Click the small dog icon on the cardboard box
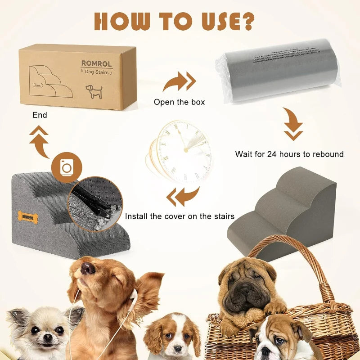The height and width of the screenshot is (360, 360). coord(94,91)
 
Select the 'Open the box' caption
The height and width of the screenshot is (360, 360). coord(179,102)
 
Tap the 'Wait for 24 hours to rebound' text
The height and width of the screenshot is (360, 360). coord(289,154)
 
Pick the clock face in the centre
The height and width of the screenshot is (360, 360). coord(184,151)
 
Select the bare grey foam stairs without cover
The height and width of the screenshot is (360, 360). coord(283,211)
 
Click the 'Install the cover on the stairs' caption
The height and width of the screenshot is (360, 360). coord(180,216)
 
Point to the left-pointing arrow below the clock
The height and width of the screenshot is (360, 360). coord(183,197)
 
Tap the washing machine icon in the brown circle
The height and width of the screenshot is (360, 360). coord(67,167)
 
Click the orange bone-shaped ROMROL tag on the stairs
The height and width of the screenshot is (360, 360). coord(28,217)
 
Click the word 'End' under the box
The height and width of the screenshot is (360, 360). coord(40,115)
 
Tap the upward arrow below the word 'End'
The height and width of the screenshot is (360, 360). coord(40,142)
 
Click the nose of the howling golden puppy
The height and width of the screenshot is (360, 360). coord(88,269)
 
